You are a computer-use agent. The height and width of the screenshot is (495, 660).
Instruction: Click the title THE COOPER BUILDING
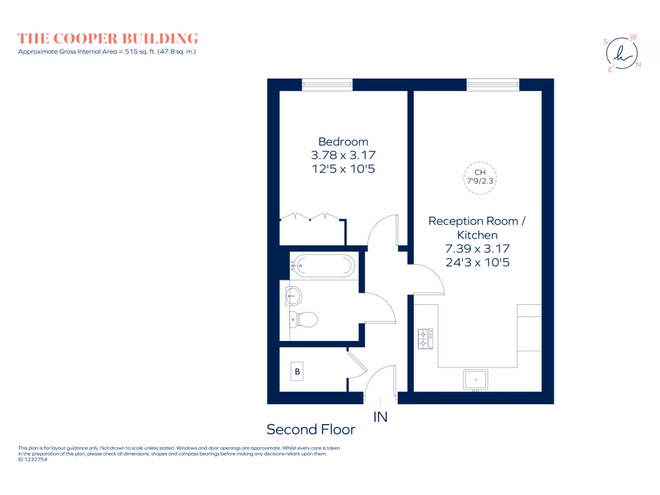108,38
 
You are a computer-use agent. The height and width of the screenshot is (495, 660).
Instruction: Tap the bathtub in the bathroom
323,264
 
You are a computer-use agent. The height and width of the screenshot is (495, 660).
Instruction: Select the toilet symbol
304,318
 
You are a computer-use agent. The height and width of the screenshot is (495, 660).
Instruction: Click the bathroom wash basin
293,296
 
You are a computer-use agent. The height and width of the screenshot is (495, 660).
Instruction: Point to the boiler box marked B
297,372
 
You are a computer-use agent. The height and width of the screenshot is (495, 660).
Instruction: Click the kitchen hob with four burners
425,338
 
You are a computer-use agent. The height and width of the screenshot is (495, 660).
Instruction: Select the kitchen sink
476,380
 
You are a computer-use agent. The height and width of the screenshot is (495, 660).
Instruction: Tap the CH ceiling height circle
480,177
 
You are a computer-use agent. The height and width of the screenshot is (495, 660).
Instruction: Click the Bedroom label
344,142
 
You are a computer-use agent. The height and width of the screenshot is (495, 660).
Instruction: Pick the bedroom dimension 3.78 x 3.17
344,155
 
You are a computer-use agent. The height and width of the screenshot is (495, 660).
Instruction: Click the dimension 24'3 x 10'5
477,262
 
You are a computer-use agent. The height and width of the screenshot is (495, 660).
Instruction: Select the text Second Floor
311,429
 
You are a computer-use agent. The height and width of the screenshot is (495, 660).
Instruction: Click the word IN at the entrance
380,417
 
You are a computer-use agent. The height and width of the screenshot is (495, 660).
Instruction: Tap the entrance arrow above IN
380,402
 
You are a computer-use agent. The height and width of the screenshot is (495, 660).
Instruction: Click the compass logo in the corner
622,53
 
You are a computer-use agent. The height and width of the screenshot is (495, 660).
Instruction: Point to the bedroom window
327,84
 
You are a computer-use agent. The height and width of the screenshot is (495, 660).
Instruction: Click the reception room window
493,84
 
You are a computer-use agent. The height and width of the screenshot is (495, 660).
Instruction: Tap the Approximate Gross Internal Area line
107,51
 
